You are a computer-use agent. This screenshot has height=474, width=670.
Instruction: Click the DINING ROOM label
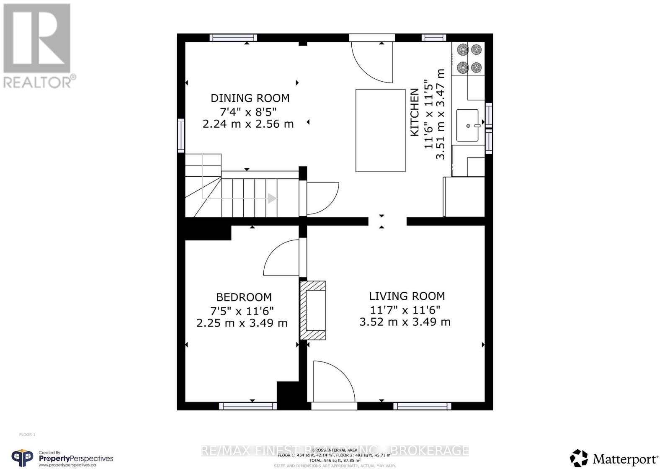250,98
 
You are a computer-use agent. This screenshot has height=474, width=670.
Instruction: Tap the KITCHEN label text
414,112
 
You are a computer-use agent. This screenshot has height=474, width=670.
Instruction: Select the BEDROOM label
244,297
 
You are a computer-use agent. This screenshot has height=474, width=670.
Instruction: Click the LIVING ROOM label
407,296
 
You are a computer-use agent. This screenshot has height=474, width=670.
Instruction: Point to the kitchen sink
467,125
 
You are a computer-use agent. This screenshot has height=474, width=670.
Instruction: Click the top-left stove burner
462,50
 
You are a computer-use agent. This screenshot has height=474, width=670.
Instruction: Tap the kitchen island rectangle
380,130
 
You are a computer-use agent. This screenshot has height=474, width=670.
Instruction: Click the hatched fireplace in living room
313,310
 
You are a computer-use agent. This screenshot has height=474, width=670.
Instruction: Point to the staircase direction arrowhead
272,198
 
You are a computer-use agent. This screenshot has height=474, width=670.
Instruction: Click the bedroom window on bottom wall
247,406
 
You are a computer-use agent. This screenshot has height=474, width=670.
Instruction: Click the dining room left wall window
181,135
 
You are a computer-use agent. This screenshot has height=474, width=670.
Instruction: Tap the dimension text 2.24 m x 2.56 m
248,124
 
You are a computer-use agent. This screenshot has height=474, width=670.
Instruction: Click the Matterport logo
614,459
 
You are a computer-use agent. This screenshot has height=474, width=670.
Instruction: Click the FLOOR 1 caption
27,435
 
